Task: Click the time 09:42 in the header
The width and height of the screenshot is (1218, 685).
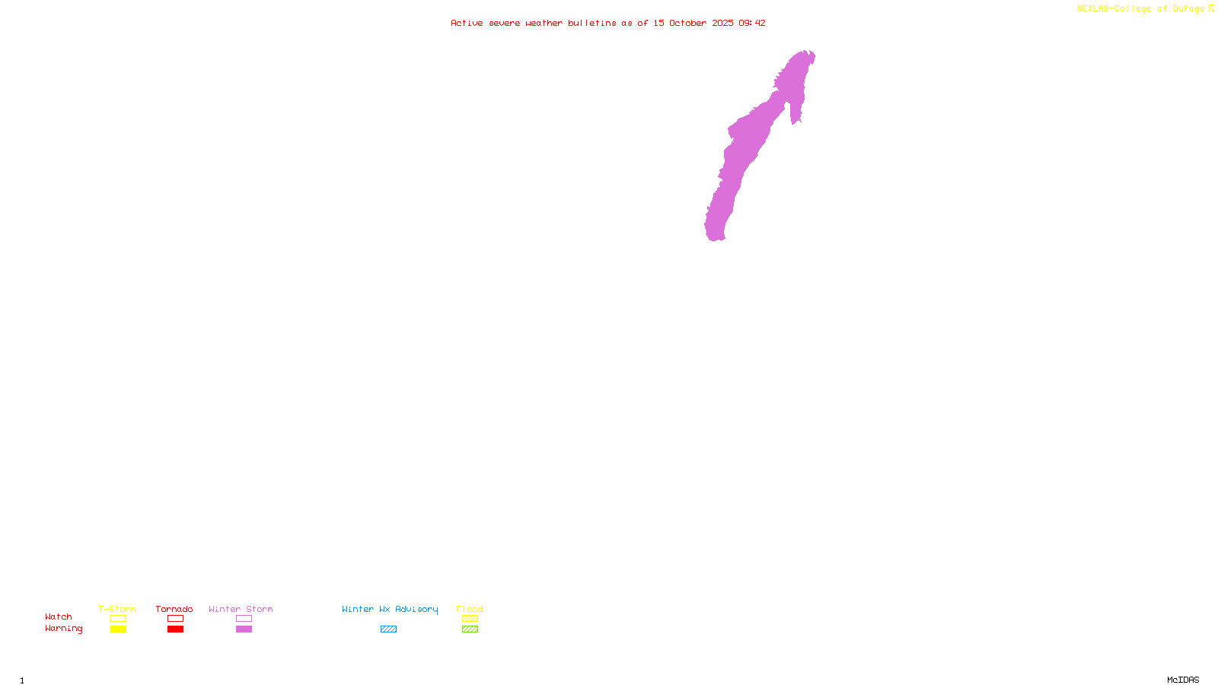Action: (751, 23)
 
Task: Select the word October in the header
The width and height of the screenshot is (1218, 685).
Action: (687, 23)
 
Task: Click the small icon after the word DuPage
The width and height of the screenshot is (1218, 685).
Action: (1212, 8)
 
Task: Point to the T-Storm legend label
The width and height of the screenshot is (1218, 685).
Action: (117, 609)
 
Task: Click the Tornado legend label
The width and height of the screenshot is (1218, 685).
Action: (174, 609)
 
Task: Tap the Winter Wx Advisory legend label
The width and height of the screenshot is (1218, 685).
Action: (390, 609)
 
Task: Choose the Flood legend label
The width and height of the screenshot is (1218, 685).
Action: (470, 609)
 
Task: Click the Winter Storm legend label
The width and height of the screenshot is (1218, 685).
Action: (241, 609)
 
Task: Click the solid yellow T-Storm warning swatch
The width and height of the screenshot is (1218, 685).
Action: (118, 629)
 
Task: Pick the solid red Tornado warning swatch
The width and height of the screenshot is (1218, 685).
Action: (176, 629)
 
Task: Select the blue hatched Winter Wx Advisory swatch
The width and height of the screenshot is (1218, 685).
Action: (389, 629)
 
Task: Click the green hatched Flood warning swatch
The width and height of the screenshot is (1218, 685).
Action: (470, 629)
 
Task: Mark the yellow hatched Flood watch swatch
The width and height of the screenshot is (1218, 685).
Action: (470, 619)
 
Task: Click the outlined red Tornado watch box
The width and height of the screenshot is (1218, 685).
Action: (176, 619)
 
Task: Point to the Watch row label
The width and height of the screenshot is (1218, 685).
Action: (59, 616)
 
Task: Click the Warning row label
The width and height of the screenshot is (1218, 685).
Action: (64, 629)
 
